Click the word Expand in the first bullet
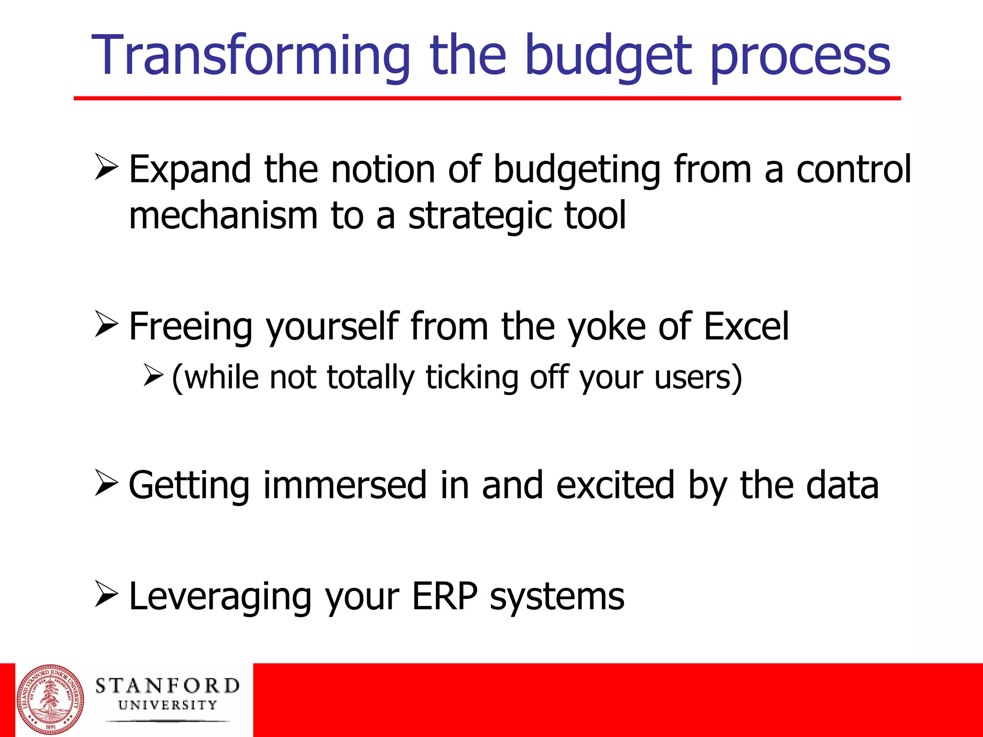pyautogui.click(x=190, y=170)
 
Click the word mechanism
pyautogui.click(x=223, y=216)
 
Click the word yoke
pyautogui.click(x=606, y=328)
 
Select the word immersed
pyautogui.click(x=345, y=485)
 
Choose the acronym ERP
pyautogui.click(x=444, y=596)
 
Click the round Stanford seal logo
pyautogui.click(x=50, y=700)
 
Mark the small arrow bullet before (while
pyautogui.click(x=154, y=375)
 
